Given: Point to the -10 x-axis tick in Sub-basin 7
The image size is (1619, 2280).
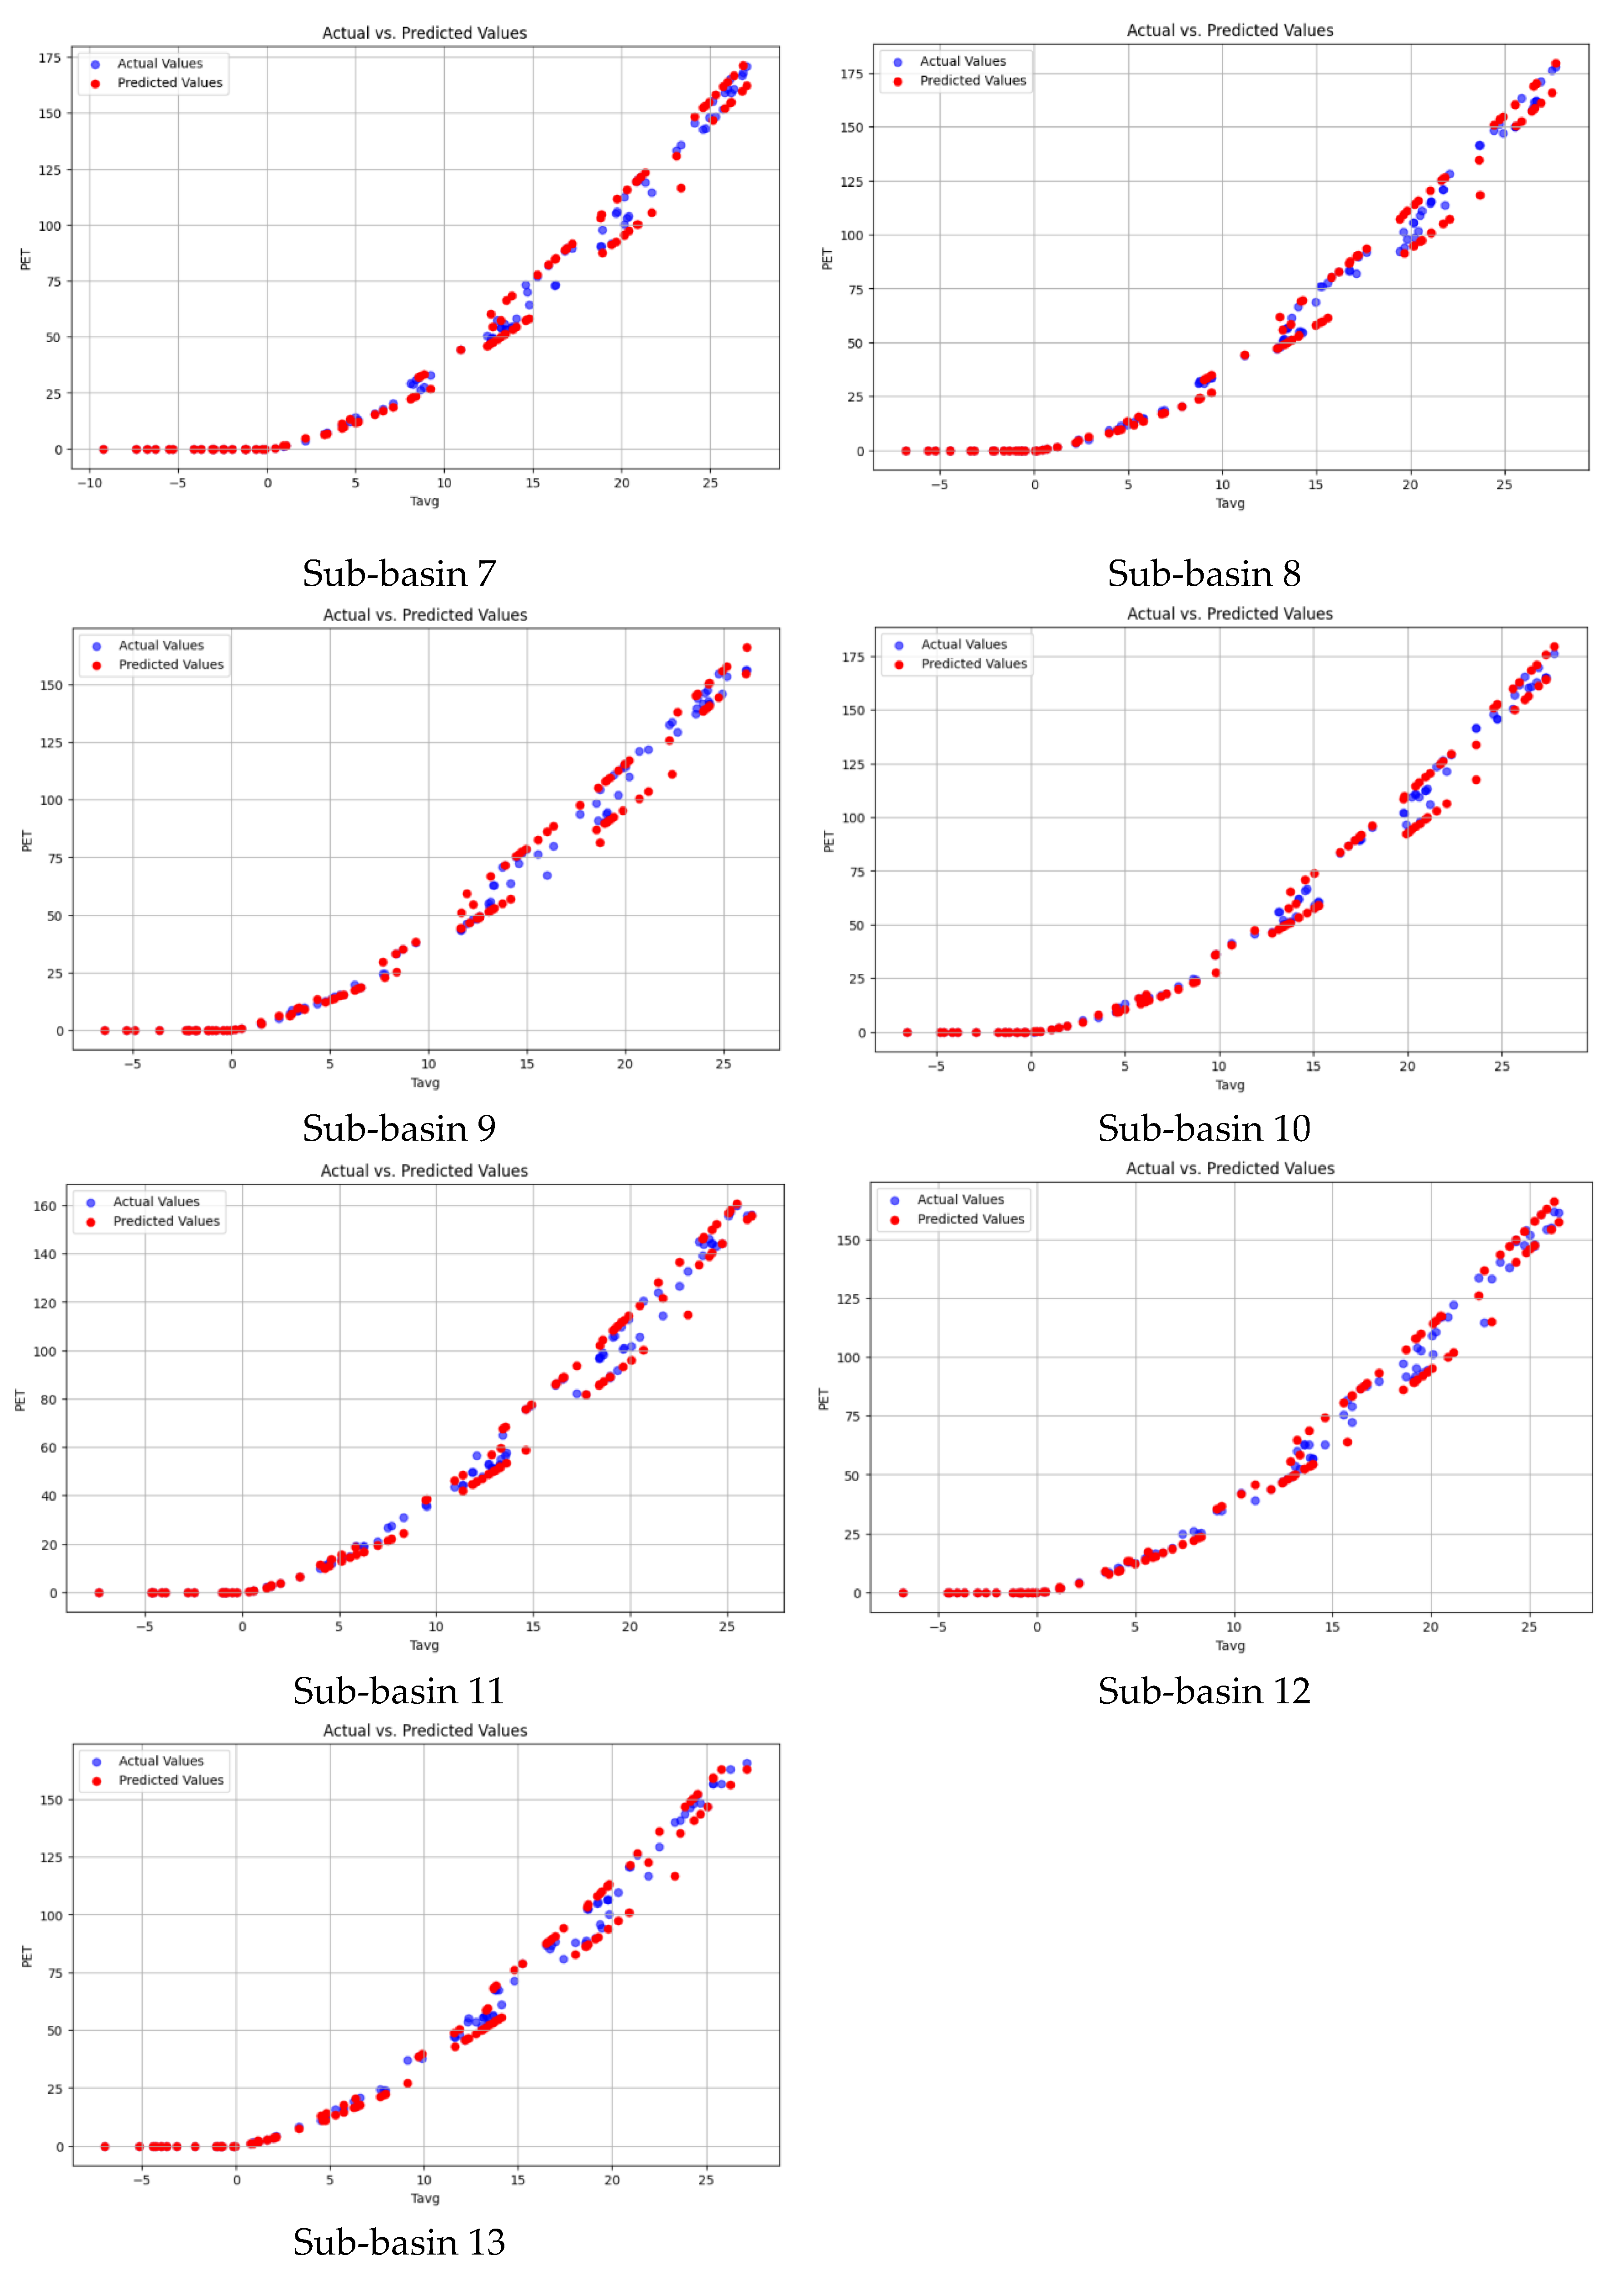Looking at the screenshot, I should [89, 484].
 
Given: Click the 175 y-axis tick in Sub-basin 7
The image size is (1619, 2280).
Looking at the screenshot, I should [50, 58].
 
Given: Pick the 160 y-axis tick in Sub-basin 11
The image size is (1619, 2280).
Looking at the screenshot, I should [45, 1206].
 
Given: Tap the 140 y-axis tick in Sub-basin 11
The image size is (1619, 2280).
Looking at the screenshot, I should [45, 1254].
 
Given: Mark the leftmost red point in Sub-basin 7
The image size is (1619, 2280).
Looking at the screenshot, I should [104, 449].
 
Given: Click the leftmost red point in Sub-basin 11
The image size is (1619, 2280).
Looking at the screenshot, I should [99, 1593].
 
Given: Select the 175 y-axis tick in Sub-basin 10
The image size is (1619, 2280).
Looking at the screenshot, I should [853, 657].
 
